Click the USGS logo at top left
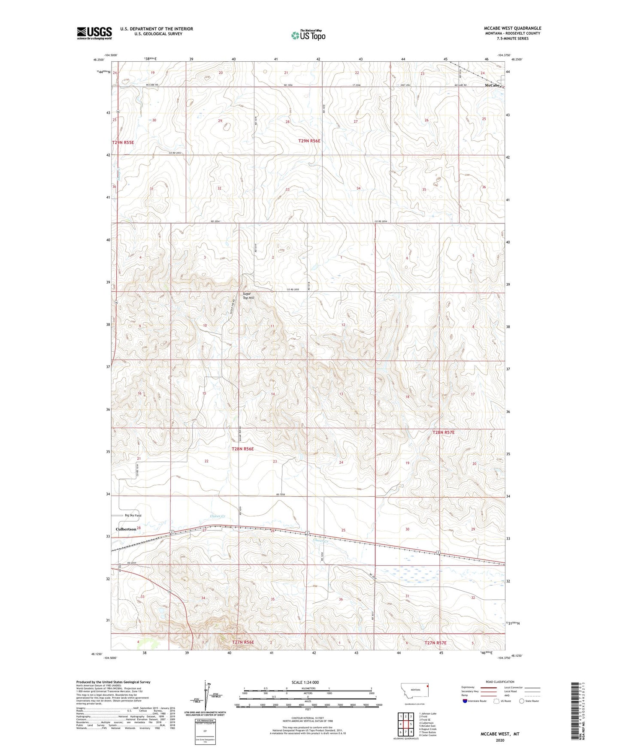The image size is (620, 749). pos(94,33)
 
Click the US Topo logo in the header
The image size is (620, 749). pos(308,35)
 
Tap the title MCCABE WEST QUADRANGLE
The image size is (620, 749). pos(512,28)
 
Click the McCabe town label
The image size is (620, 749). pos(492,85)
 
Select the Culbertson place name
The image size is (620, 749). pos(126,529)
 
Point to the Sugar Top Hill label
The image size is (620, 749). pos(249,296)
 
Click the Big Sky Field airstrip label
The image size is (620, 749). pos(133,516)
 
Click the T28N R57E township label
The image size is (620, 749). pos(443,432)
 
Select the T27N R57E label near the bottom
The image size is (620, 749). pos(436,643)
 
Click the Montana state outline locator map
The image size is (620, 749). pos(415,692)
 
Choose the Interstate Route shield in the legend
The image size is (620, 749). pos(466,701)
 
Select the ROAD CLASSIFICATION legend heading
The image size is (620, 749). pos(499,682)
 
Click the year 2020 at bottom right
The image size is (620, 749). pos(500,740)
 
